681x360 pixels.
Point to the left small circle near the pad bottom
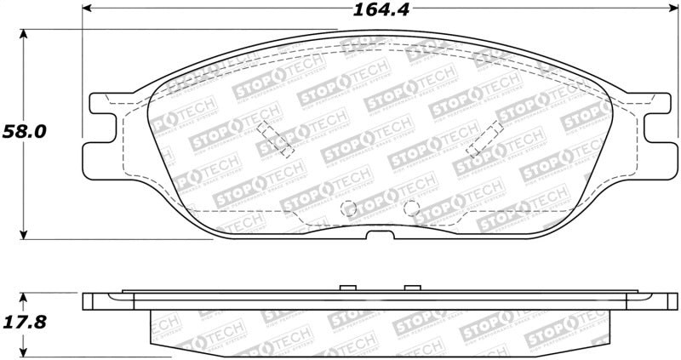[347, 207]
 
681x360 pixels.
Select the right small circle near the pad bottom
[410, 206]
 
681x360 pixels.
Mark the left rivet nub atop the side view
[346, 288]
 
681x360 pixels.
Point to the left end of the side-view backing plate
[89, 301]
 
